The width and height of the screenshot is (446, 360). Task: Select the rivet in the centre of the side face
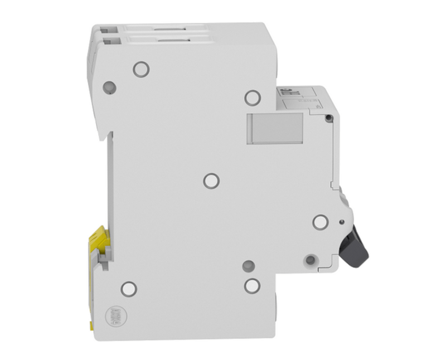pos(211,181)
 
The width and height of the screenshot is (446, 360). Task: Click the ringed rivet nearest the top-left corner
pos(141,69)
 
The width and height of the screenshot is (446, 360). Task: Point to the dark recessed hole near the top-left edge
pos(110,86)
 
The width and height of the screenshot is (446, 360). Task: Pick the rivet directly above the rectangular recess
pos(252,98)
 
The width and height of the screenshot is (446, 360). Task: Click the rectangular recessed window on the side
pos(275,128)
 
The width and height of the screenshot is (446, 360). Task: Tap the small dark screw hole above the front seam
pos(329,117)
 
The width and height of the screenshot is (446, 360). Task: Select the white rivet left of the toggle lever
pos(320,222)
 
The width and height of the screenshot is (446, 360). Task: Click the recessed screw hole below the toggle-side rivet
pos(310,259)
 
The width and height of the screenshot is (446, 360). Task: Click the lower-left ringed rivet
pos(129,288)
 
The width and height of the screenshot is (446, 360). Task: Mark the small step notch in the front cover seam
pos(332,184)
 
